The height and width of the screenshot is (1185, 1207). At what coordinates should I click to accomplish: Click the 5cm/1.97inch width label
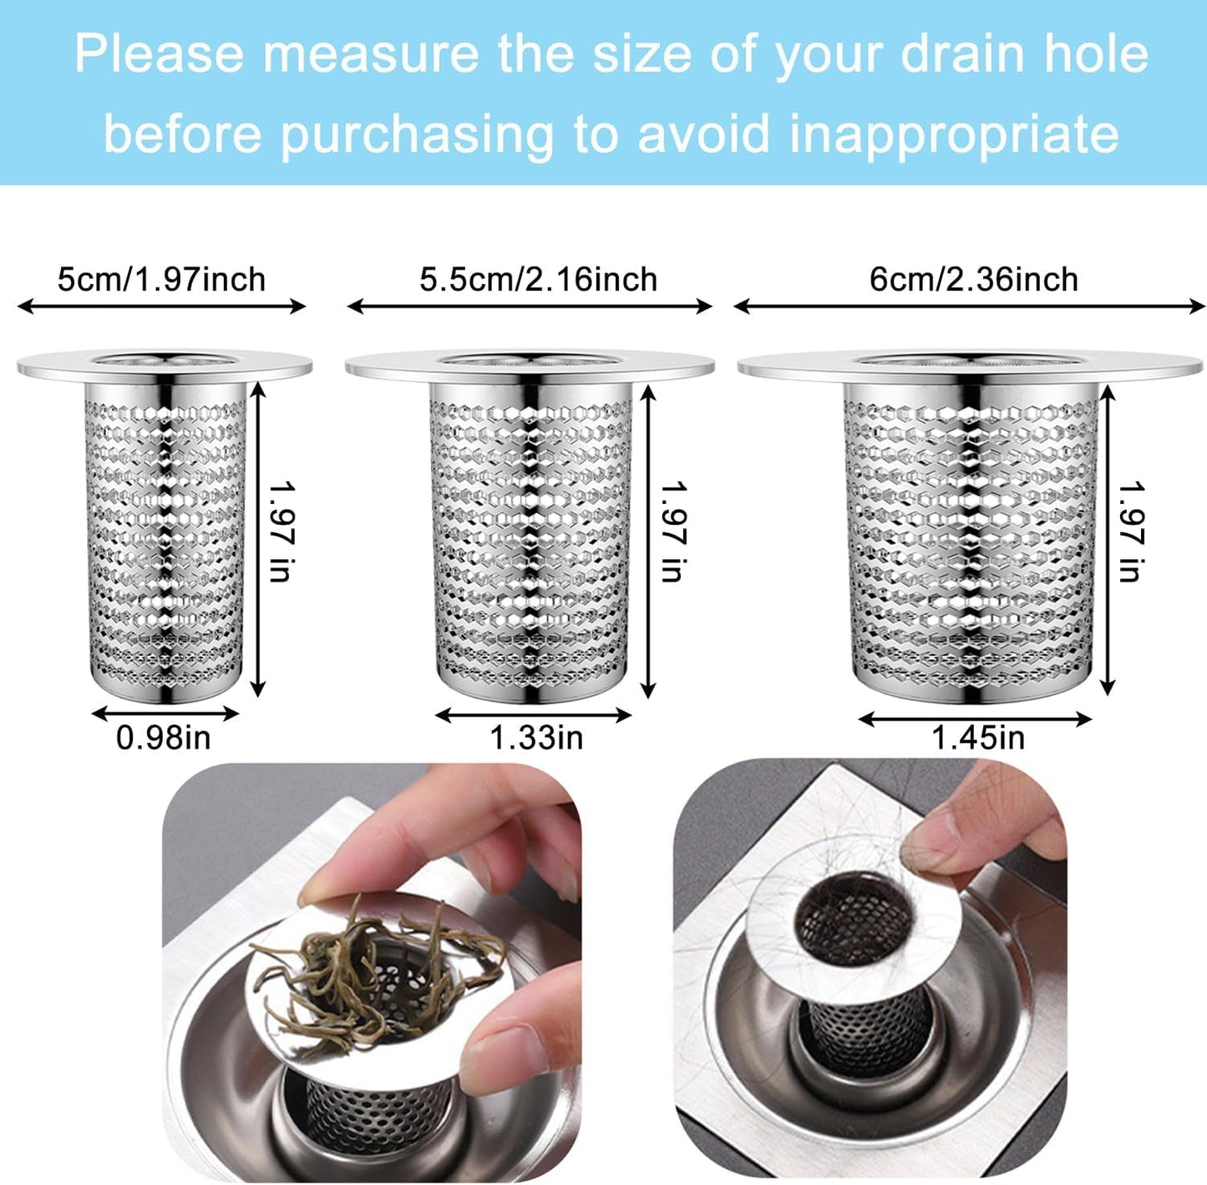point(161,279)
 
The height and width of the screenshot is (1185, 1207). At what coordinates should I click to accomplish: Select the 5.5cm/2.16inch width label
point(538,279)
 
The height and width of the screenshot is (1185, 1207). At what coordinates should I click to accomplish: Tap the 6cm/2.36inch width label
point(973,279)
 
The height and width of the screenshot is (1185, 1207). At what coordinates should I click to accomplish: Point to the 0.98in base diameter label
point(163,738)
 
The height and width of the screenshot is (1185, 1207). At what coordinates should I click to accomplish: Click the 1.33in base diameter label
point(535,738)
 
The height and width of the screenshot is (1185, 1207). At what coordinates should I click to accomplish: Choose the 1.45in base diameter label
point(977,738)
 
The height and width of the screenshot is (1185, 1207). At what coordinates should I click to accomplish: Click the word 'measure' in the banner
point(370,54)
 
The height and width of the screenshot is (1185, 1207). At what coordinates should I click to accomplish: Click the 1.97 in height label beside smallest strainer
point(281,531)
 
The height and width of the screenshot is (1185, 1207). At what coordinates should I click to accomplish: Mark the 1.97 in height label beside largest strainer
point(1130,531)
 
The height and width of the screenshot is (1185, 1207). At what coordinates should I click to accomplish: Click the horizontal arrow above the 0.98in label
point(165,714)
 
